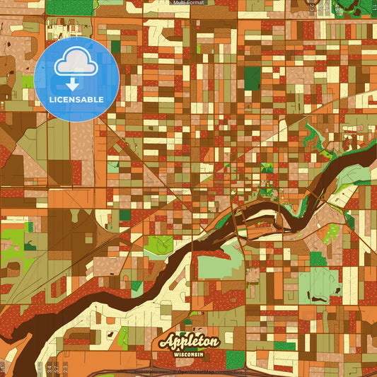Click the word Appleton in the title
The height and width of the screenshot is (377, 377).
[190, 340]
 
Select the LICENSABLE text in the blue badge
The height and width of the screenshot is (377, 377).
[76, 98]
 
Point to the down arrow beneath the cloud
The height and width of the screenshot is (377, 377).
[76, 84]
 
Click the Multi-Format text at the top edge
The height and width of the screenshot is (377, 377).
[188, 3]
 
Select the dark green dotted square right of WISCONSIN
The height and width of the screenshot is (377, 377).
[284, 346]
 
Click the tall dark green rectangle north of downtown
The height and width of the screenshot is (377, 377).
[252, 78]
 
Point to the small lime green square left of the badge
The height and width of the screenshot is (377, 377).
[28, 81]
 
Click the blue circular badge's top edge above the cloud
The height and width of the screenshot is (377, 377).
[76, 39]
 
